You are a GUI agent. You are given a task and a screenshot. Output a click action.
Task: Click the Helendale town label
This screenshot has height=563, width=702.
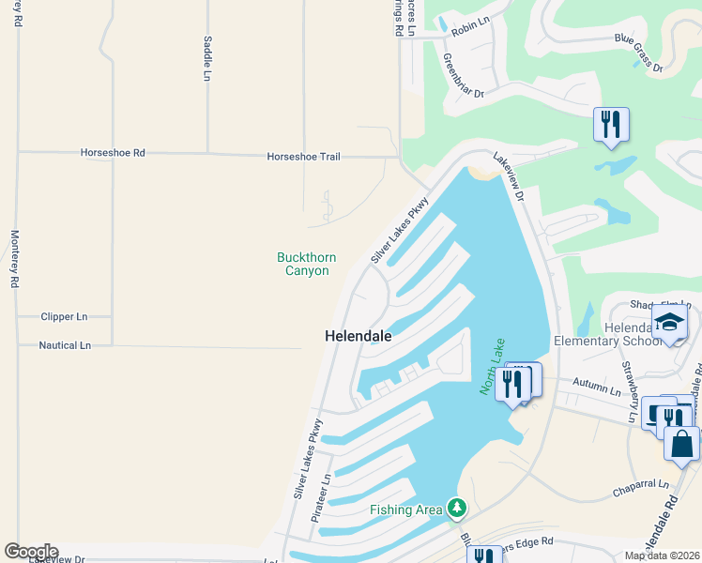(358, 335)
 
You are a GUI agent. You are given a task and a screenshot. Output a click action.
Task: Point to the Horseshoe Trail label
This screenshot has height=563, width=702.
(303, 157)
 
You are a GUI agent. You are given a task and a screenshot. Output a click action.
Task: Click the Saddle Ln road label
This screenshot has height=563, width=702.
(206, 58)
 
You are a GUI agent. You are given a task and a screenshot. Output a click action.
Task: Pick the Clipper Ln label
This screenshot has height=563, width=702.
(64, 317)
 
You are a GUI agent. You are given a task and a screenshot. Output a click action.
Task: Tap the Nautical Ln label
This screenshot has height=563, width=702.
(65, 345)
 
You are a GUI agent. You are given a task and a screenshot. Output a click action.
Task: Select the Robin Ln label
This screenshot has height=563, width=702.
(471, 30)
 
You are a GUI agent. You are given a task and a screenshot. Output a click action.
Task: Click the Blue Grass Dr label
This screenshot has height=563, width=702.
(638, 53)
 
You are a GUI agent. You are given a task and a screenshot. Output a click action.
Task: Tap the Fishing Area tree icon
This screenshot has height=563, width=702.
(456, 508)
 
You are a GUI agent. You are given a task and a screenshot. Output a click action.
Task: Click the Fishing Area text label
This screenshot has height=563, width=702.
(405, 510)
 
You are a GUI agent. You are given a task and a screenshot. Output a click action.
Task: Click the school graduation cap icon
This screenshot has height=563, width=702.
(669, 322)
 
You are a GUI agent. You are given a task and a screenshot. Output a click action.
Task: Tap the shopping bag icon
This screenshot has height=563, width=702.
(681, 444)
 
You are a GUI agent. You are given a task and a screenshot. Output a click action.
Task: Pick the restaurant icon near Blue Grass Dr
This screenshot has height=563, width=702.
(611, 123)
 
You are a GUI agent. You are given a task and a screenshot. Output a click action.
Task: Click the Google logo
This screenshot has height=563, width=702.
(31, 552)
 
